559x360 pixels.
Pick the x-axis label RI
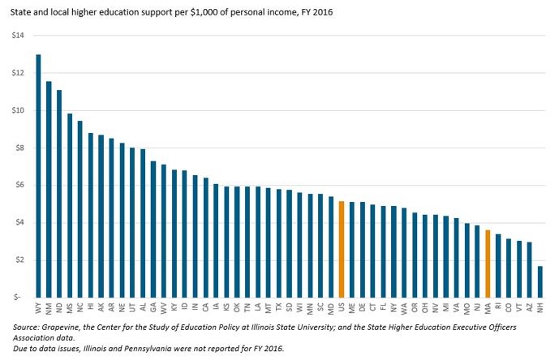coord(498,307)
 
